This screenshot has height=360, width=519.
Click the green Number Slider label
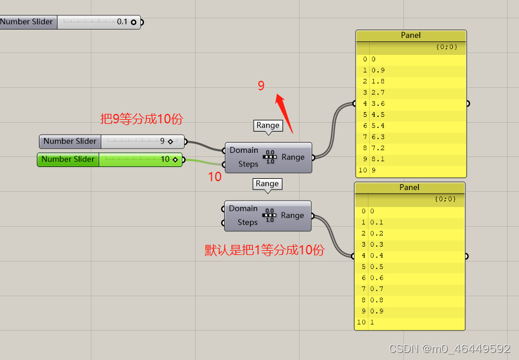click(68, 159)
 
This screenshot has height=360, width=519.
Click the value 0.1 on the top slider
click(122, 22)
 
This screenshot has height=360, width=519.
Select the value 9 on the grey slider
click(162, 142)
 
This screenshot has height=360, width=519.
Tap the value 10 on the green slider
click(165, 159)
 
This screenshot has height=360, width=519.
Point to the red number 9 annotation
click(261, 86)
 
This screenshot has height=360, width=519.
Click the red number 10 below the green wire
click(215, 176)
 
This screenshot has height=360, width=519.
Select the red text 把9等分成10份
click(142, 119)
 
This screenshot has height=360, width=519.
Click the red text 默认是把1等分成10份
click(264, 250)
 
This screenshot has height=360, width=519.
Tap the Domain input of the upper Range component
click(244, 150)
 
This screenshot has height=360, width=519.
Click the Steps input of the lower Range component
click(247, 222)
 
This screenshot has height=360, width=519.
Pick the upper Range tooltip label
click(268, 125)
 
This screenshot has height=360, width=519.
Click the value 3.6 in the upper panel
click(378, 103)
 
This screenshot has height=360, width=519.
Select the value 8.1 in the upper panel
click(378, 159)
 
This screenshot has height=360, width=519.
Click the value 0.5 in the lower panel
click(376, 267)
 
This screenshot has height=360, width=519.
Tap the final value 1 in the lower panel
click(372, 323)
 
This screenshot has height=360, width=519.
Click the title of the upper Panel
click(411, 35)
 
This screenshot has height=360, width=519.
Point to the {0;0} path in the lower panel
click(446, 199)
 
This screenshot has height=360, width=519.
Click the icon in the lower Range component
click(270, 215)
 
